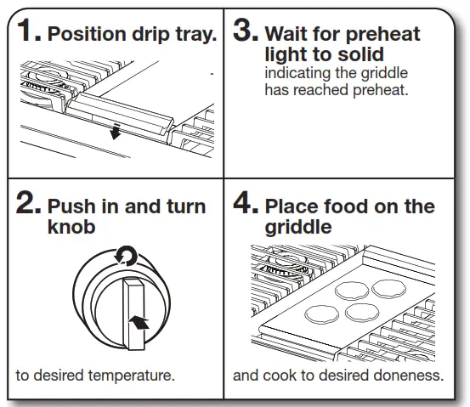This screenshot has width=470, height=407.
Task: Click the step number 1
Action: [x=28, y=33]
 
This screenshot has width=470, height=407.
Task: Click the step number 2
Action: [x=29, y=205]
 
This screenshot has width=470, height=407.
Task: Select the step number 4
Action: [x=246, y=205]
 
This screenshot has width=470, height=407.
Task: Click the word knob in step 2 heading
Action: [x=71, y=228]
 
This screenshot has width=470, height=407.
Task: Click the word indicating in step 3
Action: [x=297, y=74]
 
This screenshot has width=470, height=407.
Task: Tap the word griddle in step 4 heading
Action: [x=297, y=229]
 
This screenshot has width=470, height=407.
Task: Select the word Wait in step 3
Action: [x=287, y=35]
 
